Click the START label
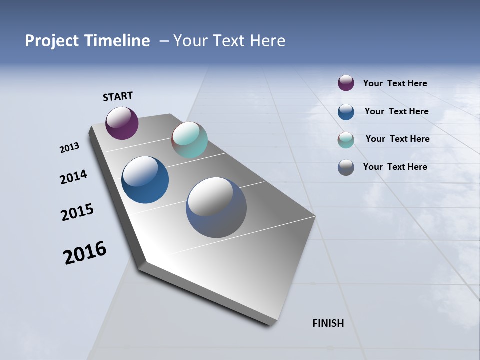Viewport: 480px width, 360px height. click(118, 96)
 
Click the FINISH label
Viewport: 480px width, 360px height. click(328, 323)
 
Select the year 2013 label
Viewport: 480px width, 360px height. click(70, 148)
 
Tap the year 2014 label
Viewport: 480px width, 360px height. click(74, 177)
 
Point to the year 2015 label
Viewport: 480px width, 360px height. click(77, 212)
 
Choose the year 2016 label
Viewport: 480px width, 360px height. click(85, 252)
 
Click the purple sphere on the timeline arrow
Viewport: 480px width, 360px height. click(122, 123)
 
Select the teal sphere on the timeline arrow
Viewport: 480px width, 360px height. click(189, 140)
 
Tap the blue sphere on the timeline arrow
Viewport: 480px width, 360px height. click(145, 180)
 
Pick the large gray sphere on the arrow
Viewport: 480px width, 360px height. click(216, 207)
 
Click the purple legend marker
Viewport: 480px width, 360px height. click(346, 83)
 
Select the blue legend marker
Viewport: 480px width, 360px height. click(346, 112)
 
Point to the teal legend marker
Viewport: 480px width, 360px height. click(346, 140)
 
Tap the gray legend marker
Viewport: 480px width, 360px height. click(346, 167)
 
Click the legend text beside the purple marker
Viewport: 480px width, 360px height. click(395, 83)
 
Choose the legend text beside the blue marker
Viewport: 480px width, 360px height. click(396, 111)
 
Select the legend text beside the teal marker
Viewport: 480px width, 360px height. click(397, 139)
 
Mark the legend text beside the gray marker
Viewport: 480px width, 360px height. click(395, 167)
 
